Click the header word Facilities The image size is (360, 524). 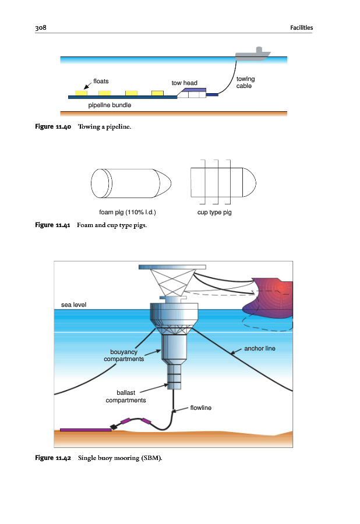pos(301,27)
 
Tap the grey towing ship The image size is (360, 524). pos(253,55)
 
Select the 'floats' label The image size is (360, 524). pos(101,81)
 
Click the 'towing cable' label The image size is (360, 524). pos(245,82)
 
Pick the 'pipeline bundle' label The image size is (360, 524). pos(110,106)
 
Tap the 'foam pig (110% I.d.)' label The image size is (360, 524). pos(127,212)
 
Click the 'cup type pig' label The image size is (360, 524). pos(215,212)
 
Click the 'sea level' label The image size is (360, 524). pos(75,305)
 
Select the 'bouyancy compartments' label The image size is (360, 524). pos(123,355)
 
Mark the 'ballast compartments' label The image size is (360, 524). pos(125,396)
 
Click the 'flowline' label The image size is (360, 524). pos(200,408)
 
